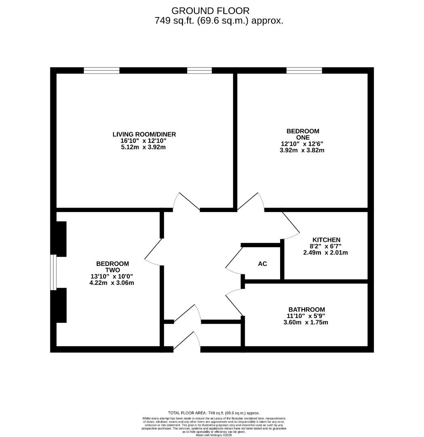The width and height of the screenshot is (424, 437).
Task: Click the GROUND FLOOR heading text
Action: pyautogui.click(x=210, y=11)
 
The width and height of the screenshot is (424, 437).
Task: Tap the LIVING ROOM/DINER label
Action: pyautogui.click(x=144, y=134)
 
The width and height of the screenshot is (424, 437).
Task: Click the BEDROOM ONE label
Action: pyautogui.click(x=302, y=134)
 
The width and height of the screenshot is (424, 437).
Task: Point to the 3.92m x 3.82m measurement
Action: pyautogui.click(x=302, y=150)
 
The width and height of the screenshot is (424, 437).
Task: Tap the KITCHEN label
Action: pyautogui.click(x=326, y=240)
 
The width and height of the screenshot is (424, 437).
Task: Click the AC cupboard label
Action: pyautogui.click(x=262, y=264)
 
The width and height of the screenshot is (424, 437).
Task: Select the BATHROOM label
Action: pyautogui.click(x=306, y=309)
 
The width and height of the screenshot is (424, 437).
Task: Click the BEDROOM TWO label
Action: pyautogui.click(x=112, y=267)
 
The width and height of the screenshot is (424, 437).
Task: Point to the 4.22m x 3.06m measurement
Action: pyautogui.click(x=112, y=282)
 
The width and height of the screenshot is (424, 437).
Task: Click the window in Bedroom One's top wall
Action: pyautogui.click(x=304, y=70)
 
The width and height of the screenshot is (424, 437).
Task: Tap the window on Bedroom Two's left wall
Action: pyautogui.click(x=53, y=272)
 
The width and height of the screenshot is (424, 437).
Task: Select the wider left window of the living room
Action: pyautogui.click(x=101, y=70)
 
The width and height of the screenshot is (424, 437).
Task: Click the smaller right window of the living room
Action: pyautogui.click(x=199, y=70)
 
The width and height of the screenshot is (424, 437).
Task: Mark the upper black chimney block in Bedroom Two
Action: pyautogui.click(x=61, y=239)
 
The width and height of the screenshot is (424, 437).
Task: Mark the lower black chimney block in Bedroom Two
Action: pyautogui.click(x=61, y=305)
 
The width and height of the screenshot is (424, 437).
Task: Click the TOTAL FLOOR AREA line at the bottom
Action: pyautogui.click(x=214, y=412)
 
